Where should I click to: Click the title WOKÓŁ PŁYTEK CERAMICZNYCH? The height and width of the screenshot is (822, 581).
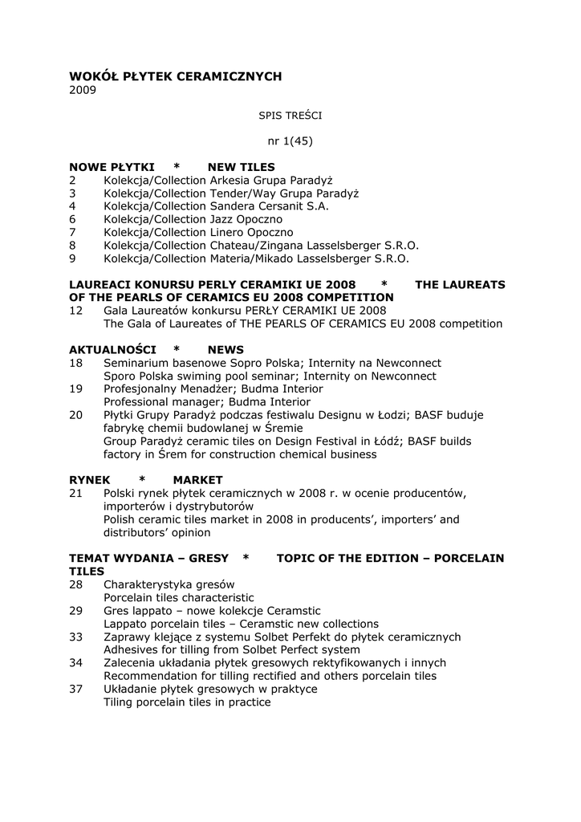pyautogui.click(x=176, y=76)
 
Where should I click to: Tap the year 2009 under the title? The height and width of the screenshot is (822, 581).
pyautogui.click(x=83, y=90)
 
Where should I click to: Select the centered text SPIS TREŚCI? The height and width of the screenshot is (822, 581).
pyautogui.click(x=290, y=116)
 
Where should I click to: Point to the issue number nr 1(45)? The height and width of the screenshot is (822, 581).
pyautogui.click(x=290, y=141)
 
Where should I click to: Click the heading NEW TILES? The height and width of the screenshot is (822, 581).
pyautogui.click(x=241, y=167)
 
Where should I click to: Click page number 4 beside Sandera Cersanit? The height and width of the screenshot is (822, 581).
pyautogui.click(x=72, y=206)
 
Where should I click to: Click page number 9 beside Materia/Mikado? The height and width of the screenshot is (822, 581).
pyautogui.click(x=72, y=258)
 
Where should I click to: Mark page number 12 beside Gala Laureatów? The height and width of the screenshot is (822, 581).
pyautogui.click(x=76, y=311)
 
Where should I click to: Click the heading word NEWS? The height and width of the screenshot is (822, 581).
pyautogui.click(x=225, y=350)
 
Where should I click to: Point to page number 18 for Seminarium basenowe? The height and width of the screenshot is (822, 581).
pyautogui.click(x=76, y=363)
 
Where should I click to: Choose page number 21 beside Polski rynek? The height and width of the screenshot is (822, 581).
pyautogui.click(x=76, y=492)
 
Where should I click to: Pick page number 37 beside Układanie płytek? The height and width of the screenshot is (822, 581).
pyautogui.click(x=76, y=689)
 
